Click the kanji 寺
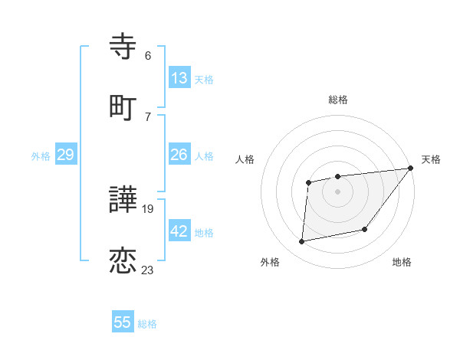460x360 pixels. (123, 47)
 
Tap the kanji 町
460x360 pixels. (123, 107)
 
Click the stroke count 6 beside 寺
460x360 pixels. (148, 56)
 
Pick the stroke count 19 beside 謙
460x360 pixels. (148, 209)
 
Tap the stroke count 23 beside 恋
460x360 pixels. (148, 270)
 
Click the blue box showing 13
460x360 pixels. (179, 78)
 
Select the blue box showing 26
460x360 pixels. (179, 155)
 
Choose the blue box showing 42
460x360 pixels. (179, 231)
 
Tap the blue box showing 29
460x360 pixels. (65, 155)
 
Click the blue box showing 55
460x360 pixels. (123, 322)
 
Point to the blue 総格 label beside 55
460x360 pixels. (147, 324)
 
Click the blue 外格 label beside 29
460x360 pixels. (41, 156)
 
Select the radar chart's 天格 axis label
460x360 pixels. (431, 159)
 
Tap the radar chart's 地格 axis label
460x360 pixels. (402, 262)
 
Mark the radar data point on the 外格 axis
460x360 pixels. (302, 242)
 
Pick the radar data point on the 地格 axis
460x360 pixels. (365, 229)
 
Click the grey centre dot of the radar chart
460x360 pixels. (337, 191)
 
